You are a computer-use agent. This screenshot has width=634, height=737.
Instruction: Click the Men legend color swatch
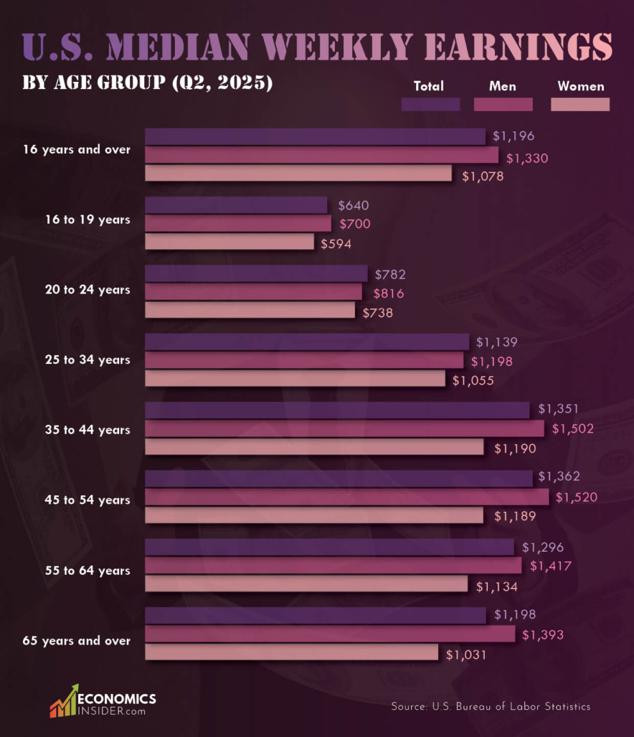pyautogui.click(x=503, y=104)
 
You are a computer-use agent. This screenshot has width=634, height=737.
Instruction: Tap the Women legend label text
pyautogui.click(x=581, y=86)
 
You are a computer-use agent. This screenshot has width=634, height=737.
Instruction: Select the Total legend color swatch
pyautogui.click(x=430, y=104)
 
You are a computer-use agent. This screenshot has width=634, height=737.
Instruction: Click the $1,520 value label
pyautogui.click(x=576, y=497)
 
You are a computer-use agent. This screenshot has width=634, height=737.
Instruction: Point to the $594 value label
pyautogui.click(x=336, y=244)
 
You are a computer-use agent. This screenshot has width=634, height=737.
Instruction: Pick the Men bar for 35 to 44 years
pyautogui.click(x=345, y=428)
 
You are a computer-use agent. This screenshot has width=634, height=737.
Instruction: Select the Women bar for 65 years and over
pyautogui.click(x=291, y=652)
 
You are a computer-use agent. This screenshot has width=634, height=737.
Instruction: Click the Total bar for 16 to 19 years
pyautogui.click(x=236, y=205)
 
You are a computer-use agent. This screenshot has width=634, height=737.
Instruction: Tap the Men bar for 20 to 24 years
pyautogui.click(x=254, y=292)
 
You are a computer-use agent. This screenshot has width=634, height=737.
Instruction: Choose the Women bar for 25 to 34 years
pyautogui.click(x=295, y=379)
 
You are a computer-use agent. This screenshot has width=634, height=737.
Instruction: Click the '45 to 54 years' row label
pyautogui.click(x=88, y=500)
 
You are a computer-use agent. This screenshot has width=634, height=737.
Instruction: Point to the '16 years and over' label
pyautogui.click(x=77, y=149)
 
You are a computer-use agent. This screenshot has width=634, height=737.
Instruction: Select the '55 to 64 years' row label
pyautogui.click(x=88, y=570)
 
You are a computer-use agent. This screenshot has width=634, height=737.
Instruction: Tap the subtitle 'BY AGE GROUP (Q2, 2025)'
pyautogui.click(x=147, y=83)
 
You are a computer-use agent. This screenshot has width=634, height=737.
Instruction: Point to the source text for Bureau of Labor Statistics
pyautogui.click(x=491, y=706)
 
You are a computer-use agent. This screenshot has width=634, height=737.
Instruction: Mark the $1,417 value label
pyautogui.click(x=551, y=566)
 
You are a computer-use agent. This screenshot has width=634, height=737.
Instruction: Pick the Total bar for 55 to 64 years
pyautogui.click(x=329, y=547)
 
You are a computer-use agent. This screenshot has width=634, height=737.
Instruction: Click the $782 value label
pyautogui.click(x=390, y=274)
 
